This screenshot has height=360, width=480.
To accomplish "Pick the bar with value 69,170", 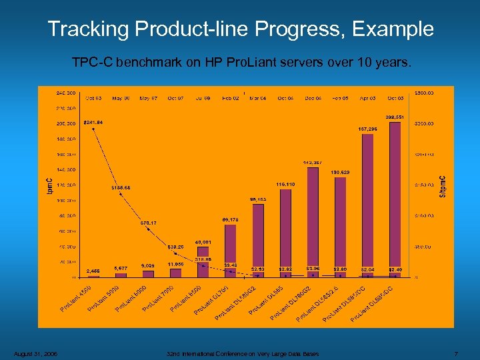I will point(230,250).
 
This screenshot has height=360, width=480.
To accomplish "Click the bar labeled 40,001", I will point(203,261).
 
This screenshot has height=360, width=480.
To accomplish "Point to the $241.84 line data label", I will point(93,122).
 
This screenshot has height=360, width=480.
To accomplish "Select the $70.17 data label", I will point(149,223).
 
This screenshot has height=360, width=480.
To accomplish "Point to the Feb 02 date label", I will point(231,98).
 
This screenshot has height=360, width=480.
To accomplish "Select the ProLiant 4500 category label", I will point(75,298).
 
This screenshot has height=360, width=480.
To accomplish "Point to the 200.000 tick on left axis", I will point(65,123).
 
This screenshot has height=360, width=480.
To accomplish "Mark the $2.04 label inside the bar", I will point(367,269).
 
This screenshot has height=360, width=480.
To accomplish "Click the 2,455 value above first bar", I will point(93,271).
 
